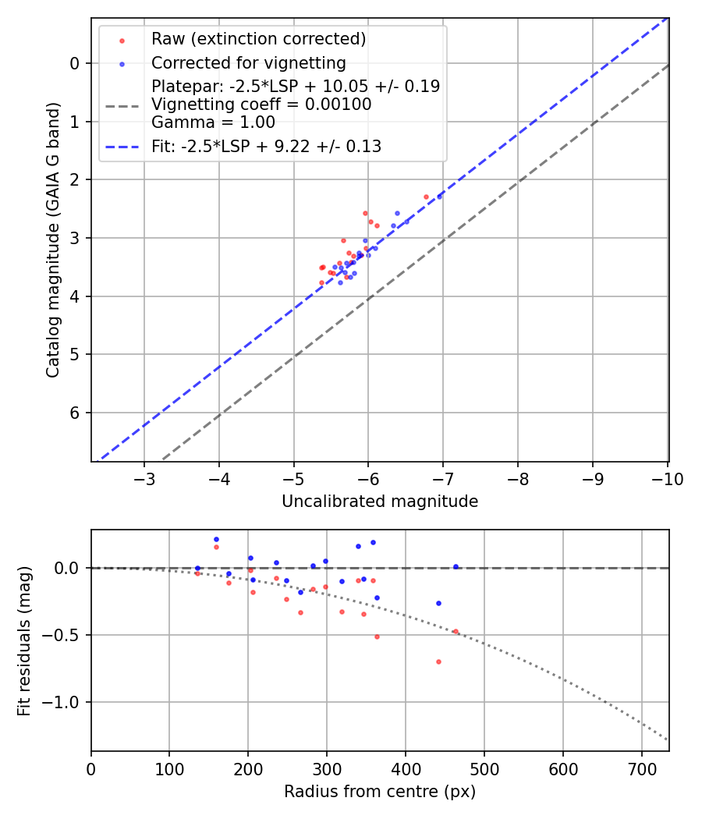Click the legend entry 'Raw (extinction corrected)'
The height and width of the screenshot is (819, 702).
point(258,39)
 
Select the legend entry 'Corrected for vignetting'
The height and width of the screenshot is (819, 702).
point(249,62)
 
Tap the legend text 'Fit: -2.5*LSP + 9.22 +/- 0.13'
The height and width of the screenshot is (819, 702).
point(266,146)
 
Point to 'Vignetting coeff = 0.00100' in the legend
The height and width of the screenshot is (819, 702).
point(261,105)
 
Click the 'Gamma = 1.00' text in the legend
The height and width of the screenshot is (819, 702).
point(213,122)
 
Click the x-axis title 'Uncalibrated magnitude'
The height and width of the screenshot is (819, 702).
point(380,502)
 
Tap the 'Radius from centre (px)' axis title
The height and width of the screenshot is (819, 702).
point(380,792)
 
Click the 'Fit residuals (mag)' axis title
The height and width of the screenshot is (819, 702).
point(24,641)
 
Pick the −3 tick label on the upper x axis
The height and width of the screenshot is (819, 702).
point(144,478)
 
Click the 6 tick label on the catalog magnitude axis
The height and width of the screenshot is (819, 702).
point(76,413)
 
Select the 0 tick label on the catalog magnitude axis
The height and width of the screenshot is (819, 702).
point(76,63)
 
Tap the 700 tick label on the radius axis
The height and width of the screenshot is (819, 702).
point(641,768)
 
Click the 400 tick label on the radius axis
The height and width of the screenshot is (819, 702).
point(406,768)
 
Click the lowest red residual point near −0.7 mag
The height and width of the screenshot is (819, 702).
point(438,661)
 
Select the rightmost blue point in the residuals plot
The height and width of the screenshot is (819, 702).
point(456,567)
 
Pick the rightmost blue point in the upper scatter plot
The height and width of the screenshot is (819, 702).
point(439,197)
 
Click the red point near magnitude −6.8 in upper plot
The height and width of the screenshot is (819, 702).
point(426,197)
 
